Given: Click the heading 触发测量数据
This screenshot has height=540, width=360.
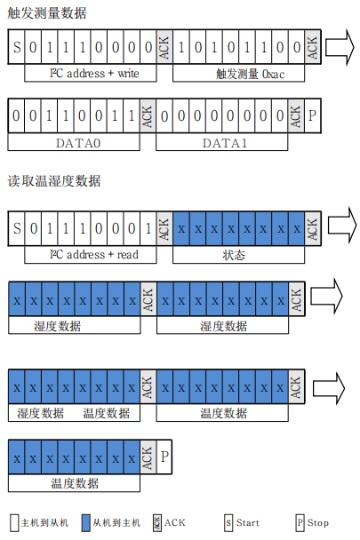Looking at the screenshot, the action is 47,13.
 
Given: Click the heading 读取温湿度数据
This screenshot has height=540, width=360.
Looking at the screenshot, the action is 54,181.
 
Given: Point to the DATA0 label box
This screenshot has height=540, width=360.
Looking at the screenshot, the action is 74,142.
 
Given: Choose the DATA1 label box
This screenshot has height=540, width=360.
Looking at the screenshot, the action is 222,142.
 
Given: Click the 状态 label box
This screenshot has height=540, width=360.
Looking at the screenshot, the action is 238,255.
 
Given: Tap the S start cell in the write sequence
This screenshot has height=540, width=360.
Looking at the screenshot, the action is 17,47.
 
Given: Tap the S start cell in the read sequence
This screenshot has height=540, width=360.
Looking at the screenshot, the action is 17,228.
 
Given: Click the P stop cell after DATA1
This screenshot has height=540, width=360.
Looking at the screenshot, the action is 313,115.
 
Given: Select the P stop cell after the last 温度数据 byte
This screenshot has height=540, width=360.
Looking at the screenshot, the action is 164,457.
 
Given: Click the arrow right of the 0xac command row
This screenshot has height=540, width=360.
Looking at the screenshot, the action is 340,47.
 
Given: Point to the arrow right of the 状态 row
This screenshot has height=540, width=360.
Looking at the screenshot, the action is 341,226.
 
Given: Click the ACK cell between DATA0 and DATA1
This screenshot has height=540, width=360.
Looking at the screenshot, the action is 148,115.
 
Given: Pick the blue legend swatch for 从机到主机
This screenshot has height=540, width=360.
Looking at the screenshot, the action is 86,523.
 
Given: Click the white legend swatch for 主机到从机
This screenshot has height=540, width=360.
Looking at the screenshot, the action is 14,523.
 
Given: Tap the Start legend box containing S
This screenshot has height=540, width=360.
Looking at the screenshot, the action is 228,523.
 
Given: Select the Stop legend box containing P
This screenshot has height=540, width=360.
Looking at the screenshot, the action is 300,523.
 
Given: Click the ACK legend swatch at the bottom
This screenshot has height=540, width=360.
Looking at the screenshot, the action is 157,523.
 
